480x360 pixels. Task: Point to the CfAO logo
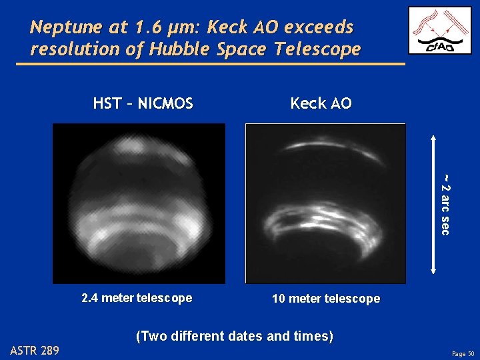tap(439, 30)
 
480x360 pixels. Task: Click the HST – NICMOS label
tap(143, 103)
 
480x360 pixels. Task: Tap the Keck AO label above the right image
tap(321, 103)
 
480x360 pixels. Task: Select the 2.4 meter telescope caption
tap(137, 298)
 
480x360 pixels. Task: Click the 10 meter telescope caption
tap(326, 299)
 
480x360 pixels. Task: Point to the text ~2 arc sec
tap(445, 204)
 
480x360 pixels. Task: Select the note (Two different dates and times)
tap(234, 336)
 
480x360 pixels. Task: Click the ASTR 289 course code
tap(35, 350)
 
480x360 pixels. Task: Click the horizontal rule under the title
tap(210, 64)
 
